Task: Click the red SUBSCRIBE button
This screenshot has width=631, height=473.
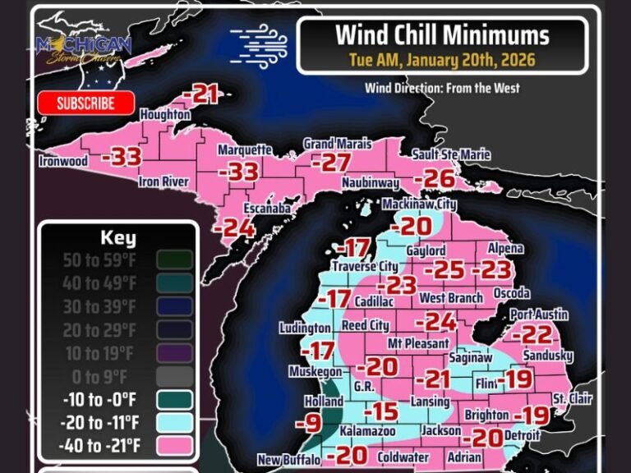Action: point(86,103)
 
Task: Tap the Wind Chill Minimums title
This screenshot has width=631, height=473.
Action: point(442,35)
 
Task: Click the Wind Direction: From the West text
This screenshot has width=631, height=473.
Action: point(442,88)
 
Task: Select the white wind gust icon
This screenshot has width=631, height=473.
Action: point(259,41)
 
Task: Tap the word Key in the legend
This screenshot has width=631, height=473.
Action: point(117,239)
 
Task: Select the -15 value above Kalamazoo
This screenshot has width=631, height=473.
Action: point(380,411)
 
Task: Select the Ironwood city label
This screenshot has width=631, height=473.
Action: point(63,161)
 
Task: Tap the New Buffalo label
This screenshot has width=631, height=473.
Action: point(288,460)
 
